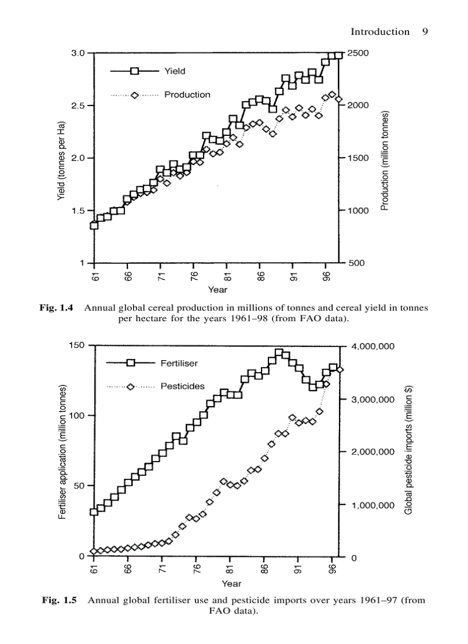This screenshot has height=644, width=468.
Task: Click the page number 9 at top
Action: point(425,32)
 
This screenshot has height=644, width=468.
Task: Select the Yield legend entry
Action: point(174,71)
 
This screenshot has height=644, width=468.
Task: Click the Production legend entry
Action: point(187,95)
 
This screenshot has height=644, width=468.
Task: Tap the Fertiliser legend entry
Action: point(179,363)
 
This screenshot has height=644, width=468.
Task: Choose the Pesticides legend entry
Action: point(182,387)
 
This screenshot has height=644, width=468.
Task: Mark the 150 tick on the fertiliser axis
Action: point(77,345)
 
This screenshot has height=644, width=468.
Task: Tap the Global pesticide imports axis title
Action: point(409,451)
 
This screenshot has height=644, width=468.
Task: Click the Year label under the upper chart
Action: point(217,290)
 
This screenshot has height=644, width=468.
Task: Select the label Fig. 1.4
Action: point(56,308)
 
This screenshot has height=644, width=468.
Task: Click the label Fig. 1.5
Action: point(60,600)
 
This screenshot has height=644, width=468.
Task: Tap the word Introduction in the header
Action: point(380,32)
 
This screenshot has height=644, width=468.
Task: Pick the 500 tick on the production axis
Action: point(356,263)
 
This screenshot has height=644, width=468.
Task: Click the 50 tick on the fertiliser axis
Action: point(80,486)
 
